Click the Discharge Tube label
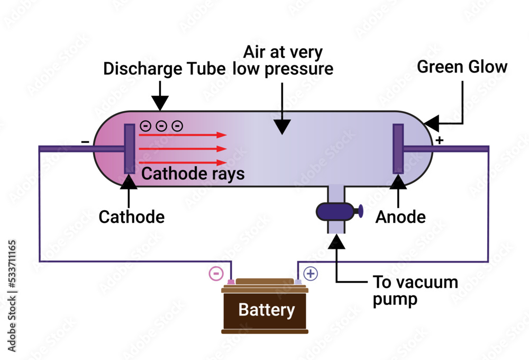click(x=168, y=69)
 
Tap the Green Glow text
click(x=462, y=67)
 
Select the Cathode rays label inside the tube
click(x=193, y=174)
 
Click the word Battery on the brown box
click(x=266, y=310)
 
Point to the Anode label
click(x=400, y=217)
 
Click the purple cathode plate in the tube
click(x=129, y=149)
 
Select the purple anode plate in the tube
click(x=398, y=149)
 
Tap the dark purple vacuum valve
click(x=335, y=211)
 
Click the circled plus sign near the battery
click(x=311, y=273)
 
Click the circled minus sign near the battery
click(x=216, y=273)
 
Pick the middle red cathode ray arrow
click(x=183, y=149)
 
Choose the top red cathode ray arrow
click(x=183, y=135)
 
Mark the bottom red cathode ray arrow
click(x=183, y=163)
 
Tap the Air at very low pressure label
click(x=284, y=60)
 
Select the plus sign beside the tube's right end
click(x=439, y=140)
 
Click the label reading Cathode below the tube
click(x=132, y=217)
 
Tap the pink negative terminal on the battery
click(x=231, y=282)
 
